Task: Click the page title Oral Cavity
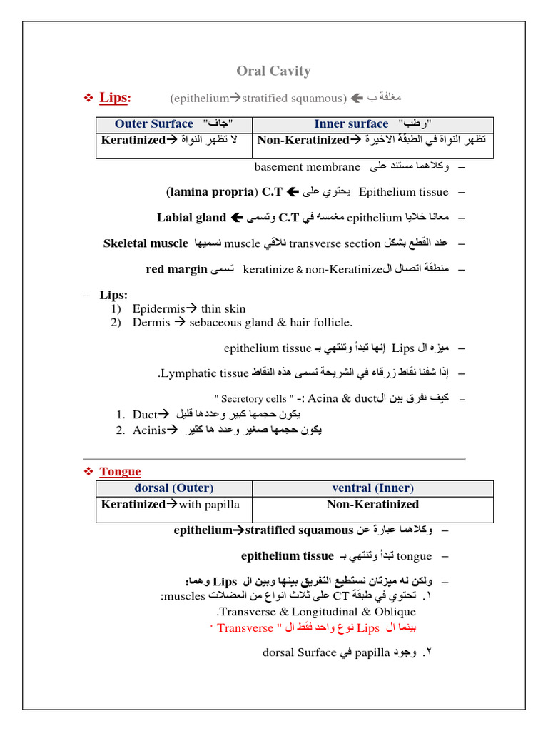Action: [273, 71]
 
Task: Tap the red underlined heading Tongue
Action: [120, 471]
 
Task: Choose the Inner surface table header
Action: [351, 123]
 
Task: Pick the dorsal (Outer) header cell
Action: [173, 488]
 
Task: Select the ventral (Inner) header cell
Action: [372, 488]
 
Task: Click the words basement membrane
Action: [308, 167]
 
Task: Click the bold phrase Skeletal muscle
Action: [146, 243]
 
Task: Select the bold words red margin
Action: [175, 269]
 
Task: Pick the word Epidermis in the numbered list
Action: [157, 308]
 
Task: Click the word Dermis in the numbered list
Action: [151, 322]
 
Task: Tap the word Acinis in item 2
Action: [148, 430]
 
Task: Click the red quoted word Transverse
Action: [244, 628]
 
